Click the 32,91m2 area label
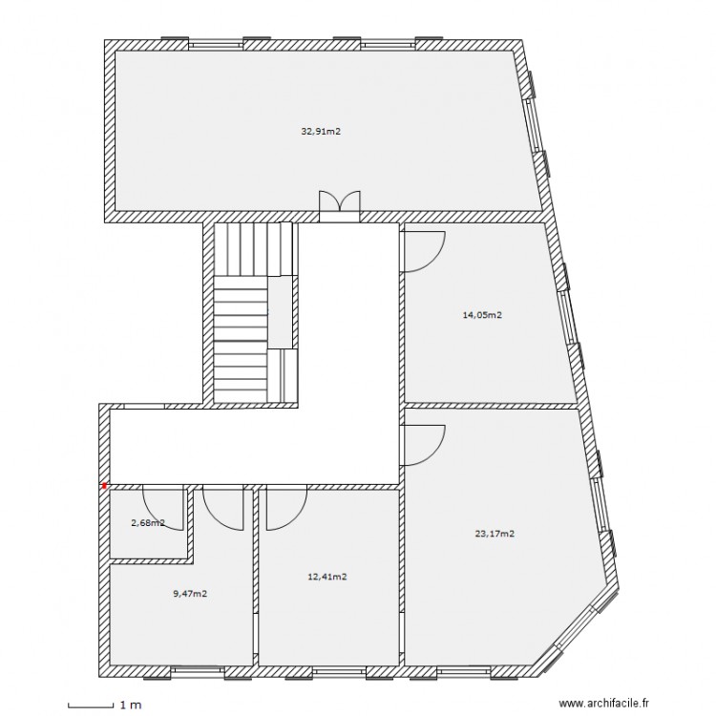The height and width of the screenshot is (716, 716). pyautogui.click(x=321, y=132)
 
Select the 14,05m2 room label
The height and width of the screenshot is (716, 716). pyautogui.click(x=483, y=314)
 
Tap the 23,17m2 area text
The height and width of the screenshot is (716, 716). pyautogui.click(x=495, y=534)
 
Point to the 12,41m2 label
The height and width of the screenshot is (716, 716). pyautogui.click(x=326, y=576)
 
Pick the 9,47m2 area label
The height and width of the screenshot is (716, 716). pyautogui.click(x=190, y=593)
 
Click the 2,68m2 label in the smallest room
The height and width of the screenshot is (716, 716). pyautogui.click(x=148, y=522)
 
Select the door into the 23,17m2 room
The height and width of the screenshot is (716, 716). pyautogui.click(x=423, y=445)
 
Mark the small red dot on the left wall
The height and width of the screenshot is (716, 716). pyautogui.click(x=104, y=485)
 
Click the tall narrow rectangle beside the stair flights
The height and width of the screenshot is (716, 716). pyautogui.click(x=280, y=312)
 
